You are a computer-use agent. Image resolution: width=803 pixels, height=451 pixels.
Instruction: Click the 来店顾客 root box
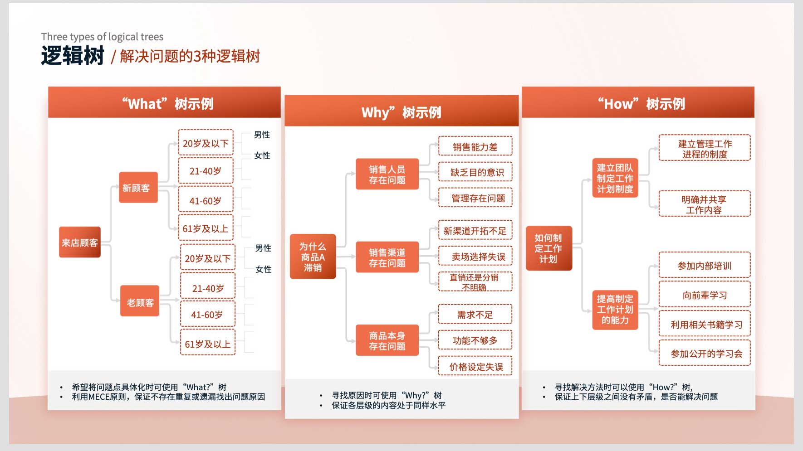79,242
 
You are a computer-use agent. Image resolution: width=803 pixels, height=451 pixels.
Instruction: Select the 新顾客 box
138,187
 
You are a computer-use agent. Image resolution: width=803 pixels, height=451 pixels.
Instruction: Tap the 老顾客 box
140,301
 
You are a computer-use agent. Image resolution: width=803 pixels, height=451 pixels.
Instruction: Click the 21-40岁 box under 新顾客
206,171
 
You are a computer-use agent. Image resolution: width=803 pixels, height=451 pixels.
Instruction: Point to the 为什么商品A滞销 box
313,257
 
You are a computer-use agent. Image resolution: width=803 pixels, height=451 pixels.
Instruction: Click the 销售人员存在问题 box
387,174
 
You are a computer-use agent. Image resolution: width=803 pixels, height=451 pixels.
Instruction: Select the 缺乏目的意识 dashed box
475,172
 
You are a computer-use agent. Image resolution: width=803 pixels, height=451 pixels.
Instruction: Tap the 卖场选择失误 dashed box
475,256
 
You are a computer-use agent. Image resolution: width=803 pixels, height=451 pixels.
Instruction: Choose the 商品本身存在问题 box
387,340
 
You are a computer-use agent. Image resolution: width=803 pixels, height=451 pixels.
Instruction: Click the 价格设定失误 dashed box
475,366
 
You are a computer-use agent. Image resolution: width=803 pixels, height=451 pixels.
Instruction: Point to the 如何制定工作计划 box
548,248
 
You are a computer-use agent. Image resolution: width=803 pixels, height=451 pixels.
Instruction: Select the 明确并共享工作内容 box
705,204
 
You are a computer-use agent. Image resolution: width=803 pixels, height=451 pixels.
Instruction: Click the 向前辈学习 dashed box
705,295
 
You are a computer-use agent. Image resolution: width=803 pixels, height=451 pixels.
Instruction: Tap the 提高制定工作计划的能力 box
615,309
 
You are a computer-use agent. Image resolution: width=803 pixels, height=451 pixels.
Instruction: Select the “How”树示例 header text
641,104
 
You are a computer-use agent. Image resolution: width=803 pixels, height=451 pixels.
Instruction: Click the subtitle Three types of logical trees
102,37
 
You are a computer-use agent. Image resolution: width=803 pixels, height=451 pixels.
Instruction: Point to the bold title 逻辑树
73,56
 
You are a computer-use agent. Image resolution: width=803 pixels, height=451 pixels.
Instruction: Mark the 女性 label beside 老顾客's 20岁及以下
263,269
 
